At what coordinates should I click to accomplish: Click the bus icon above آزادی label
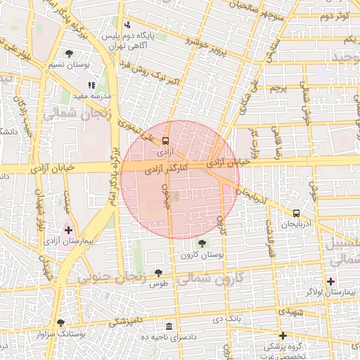point(165,140)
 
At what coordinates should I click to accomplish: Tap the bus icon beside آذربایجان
point(295,212)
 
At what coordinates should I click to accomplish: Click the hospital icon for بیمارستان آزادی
point(68,230)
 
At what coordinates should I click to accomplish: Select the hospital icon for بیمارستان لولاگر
point(330,281)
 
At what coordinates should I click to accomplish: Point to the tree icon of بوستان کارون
point(202,243)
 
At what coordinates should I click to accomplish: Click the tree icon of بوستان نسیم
point(69,53)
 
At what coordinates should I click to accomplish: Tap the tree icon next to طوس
point(158,272)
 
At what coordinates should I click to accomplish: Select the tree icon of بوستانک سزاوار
point(60,323)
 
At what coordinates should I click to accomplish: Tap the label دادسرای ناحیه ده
point(168,337)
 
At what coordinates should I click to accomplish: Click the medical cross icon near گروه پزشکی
point(283,335)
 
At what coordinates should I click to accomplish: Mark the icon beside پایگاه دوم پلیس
point(127,25)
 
